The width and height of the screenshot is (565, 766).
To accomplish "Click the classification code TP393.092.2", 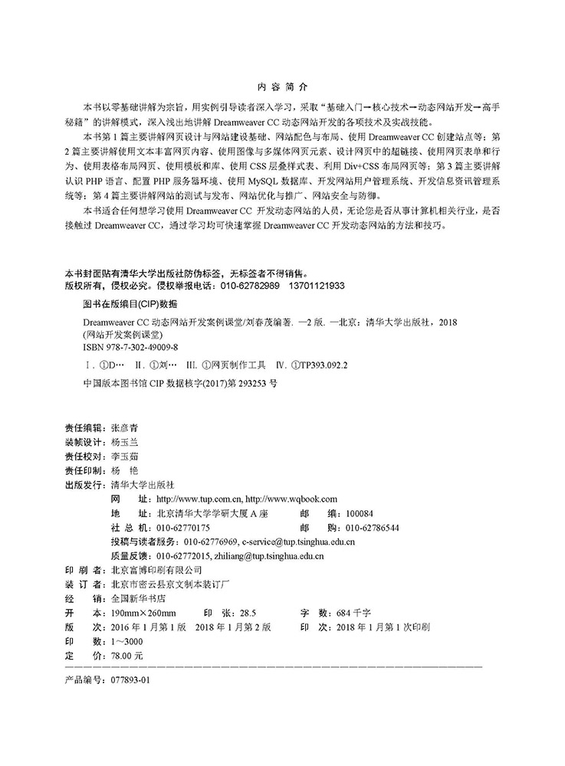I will pos(315,365).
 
